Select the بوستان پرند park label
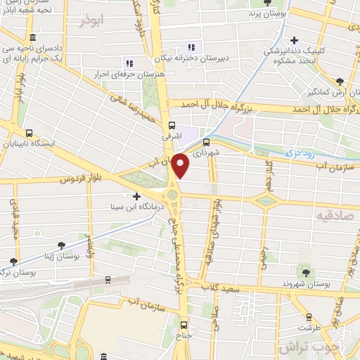(269, 13)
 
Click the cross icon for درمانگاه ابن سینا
(136, 196)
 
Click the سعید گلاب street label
(237, 288)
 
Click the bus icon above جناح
(184, 325)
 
